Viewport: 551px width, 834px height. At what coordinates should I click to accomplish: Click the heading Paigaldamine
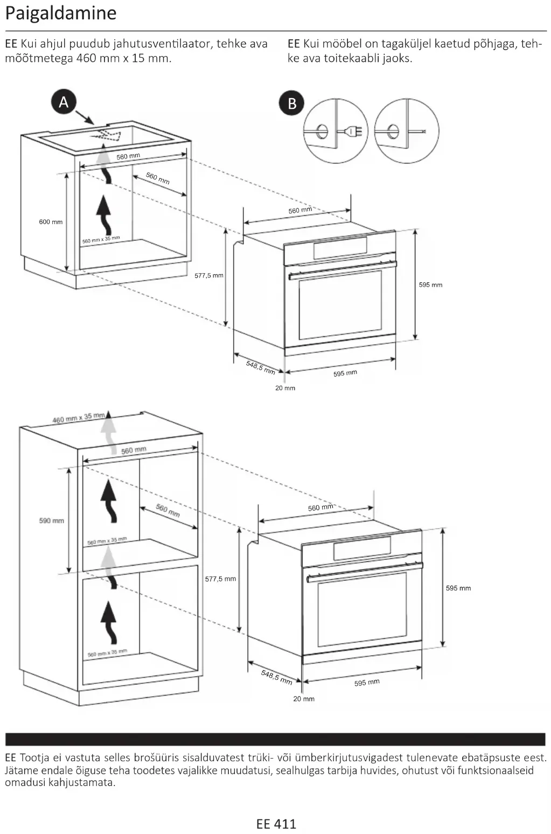(60, 13)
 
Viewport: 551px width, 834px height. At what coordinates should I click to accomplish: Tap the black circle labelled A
(64, 102)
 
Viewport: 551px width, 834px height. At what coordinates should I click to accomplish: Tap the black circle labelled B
(292, 103)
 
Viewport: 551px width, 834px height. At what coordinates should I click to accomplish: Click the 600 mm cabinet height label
(51, 222)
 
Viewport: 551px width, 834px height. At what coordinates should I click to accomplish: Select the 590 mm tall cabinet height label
(51, 520)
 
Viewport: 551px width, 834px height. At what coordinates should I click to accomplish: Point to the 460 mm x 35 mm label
(78, 418)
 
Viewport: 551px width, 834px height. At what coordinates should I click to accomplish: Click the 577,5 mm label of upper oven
(209, 275)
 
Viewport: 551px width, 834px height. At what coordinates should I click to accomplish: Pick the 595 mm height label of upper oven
(430, 284)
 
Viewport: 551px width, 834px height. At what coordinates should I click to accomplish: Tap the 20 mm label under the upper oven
(285, 388)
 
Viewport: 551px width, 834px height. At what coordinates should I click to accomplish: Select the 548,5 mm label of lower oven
(276, 677)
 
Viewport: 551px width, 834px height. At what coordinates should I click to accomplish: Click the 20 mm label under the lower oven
(304, 699)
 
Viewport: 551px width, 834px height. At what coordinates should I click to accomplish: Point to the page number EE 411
(276, 824)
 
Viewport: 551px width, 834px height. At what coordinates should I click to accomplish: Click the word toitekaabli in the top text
(351, 58)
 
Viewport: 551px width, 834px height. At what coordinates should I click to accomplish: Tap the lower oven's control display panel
(362, 548)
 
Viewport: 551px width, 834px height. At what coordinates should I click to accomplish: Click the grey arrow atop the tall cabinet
(110, 431)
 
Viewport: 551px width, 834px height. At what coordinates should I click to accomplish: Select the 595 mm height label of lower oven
(458, 588)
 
